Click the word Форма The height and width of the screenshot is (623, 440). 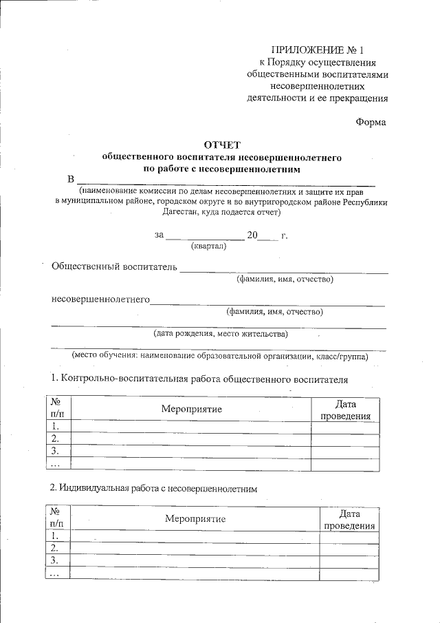[x=371, y=122]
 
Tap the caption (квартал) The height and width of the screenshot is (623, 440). [x=208, y=246]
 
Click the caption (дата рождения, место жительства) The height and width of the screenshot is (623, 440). [x=220, y=334]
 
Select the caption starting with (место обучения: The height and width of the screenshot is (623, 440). [x=220, y=356]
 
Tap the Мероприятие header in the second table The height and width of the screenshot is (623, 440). [x=195, y=518]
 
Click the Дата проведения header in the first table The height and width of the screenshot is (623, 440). [x=345, y=410]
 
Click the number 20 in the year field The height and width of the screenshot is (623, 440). [x=252, y=235]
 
